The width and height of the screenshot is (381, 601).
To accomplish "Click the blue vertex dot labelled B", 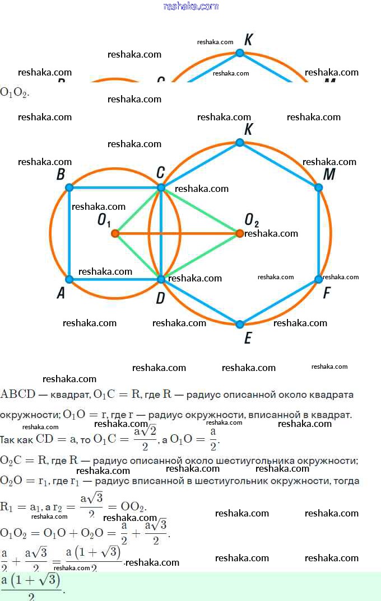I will (69, 187).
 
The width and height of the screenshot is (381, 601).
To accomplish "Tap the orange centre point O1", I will (115, 233).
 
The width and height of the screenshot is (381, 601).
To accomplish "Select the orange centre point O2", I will (240, 233).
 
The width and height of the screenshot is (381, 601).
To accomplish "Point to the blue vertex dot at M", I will (319, 187).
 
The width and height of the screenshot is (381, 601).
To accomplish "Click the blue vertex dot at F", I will (319, 279).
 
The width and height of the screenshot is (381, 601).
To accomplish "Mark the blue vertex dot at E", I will (240, 324).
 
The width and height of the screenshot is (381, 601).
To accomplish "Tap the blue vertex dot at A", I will (69, 279).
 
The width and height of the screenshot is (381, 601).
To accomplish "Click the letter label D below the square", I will (160, 298).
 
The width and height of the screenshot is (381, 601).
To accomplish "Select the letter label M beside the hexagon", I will (329, 175).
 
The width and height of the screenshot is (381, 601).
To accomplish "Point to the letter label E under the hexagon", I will (248, 338).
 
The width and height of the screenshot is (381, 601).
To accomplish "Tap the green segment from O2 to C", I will (200, 210).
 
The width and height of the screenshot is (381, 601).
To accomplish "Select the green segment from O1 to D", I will (137, 256).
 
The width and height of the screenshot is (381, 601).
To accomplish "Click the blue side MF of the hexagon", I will (319, 233).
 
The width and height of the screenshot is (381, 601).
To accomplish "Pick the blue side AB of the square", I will (69, 233).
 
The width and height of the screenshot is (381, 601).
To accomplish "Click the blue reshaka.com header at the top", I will (190, 6).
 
